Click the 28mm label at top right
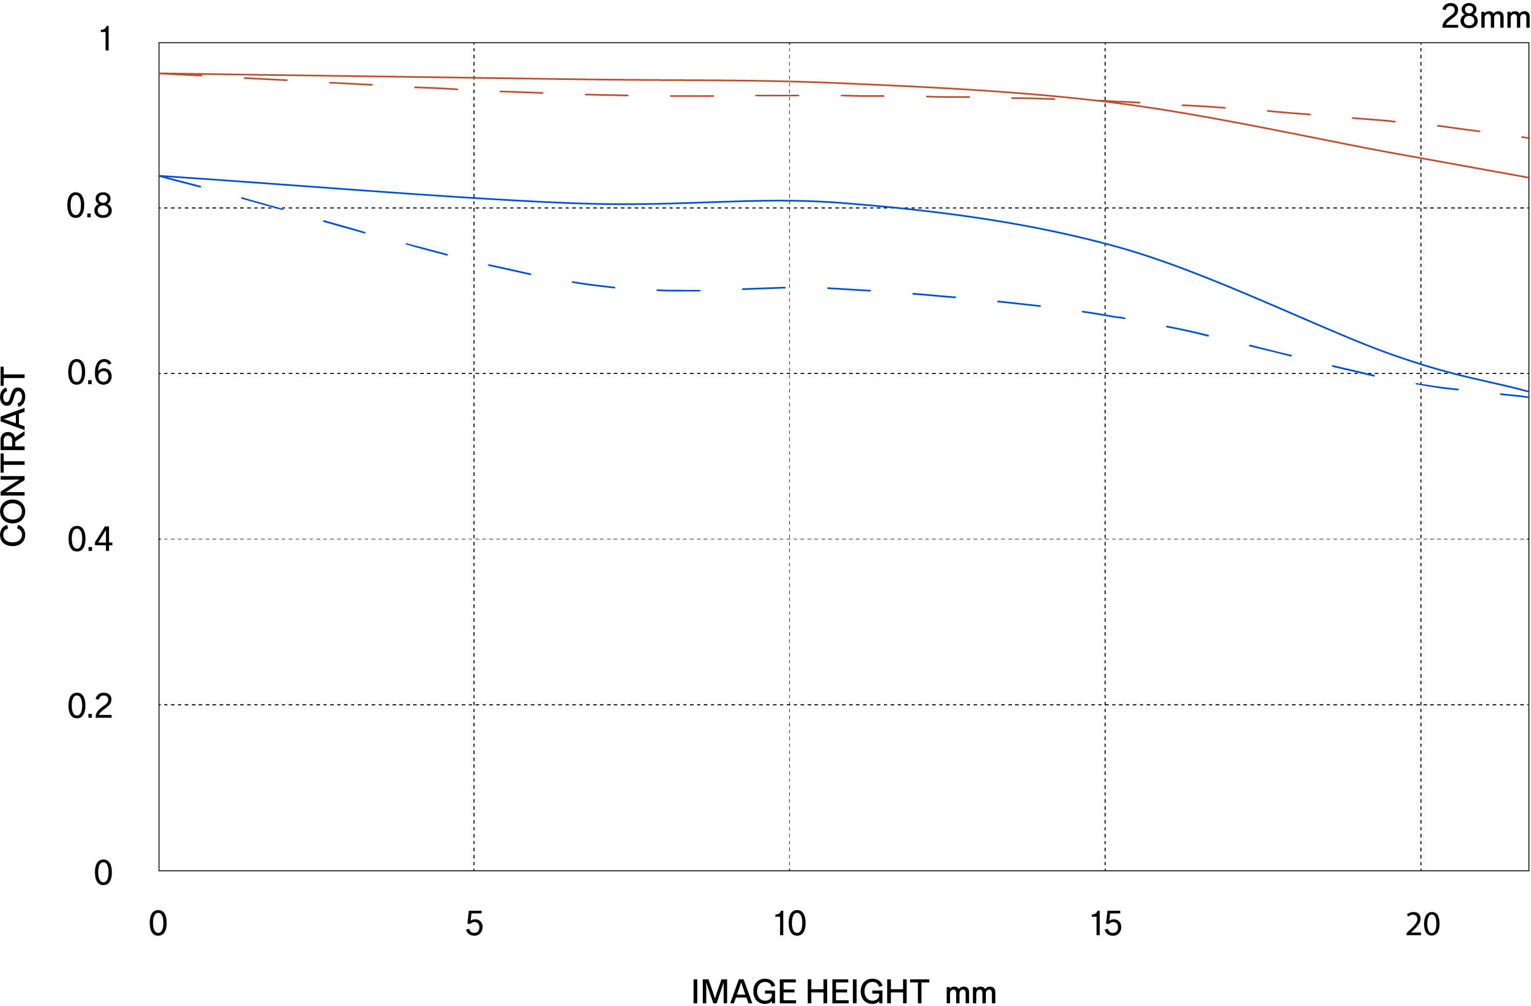click(x=1485, y=17)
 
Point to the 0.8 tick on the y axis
click(x=90, y=206)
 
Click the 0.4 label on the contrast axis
click(x=90, y=539)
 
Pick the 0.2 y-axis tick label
click(x=90, y=706)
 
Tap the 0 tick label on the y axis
click(x=103, y=873)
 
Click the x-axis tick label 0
click(x=158, y=924)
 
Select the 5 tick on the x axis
click(x=474, y=924)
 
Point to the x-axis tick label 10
click(x=789, y=924)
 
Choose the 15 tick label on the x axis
click(x=1106, y=924)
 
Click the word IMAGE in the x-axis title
click(x=744, y=991)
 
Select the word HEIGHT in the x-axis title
click(x=867, y=991)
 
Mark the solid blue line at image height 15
click(x=1105, y=243)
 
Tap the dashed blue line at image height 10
click(x=789, y=288)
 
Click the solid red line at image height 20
click(x=1421, y=158)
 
